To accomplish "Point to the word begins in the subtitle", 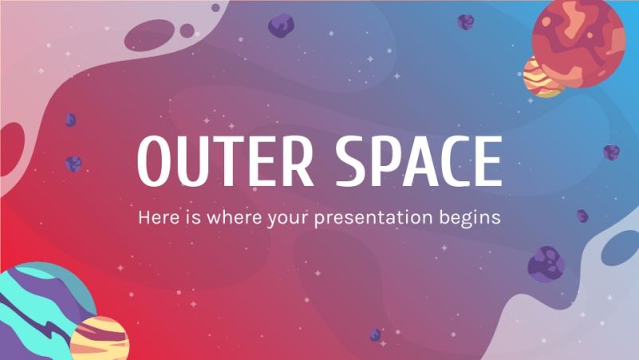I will [471, 217].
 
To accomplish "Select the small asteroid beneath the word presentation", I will [374, 334].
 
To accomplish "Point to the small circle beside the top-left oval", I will [187, 30].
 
